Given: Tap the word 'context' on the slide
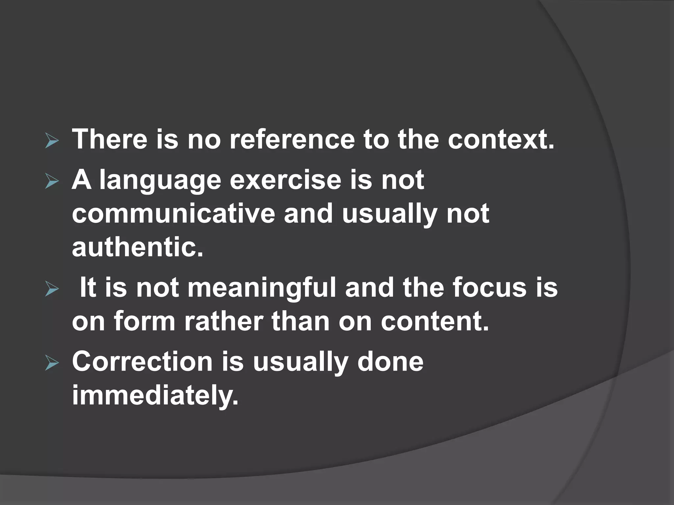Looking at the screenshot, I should click(x=500, y=139).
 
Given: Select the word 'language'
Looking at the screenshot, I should click(x=160, y=181).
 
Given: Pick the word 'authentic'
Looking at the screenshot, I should click(x=137, y=247).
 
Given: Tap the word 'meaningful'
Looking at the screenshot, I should click(x=262, y=288).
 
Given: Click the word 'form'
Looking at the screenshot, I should click(x=144, y=322).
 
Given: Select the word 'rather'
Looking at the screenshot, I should click(x=224, y=322).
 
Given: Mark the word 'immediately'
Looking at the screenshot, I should click(x=155, y=396).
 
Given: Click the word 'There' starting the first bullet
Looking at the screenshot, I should click(x=110, y=139).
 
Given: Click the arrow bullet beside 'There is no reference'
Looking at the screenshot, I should click(x=52, y=142).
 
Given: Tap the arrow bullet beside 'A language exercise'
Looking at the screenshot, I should click(x=52, y=182).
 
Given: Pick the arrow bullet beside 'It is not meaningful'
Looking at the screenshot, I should click(x=52, y=290).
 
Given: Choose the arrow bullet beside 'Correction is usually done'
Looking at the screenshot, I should click(x=52, y=364).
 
